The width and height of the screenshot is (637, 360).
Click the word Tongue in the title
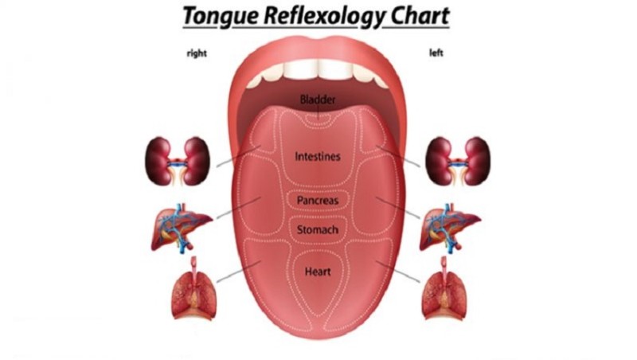tap(221, 17)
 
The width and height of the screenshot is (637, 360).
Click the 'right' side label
tap(197, 53)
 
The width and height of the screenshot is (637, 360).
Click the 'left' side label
tap(436, 53)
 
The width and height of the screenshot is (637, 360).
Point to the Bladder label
tap(318, 100)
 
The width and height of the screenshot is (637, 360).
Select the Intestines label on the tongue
tap(318, 156)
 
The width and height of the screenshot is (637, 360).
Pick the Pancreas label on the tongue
tap(318, 201)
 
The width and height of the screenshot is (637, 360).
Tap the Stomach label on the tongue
tap(318, 230)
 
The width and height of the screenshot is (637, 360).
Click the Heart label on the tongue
tap(318, 272)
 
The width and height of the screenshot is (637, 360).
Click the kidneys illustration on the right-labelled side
tap(178, 162)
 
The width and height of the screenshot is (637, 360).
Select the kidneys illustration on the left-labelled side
tap(458, 162)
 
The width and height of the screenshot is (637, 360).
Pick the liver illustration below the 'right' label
tap(181, 229)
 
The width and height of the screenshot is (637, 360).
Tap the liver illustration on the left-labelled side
tap(449, 229)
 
